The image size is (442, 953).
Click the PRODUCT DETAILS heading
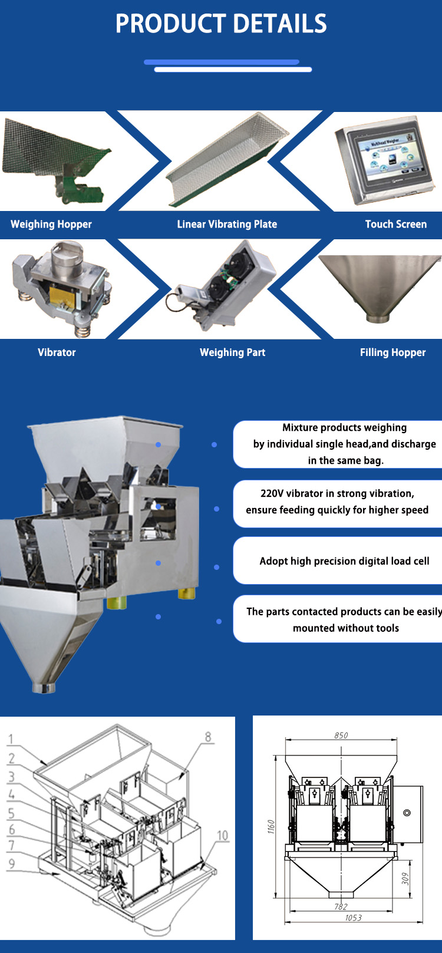tap(221, 24)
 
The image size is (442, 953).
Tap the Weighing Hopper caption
tap(51, 224)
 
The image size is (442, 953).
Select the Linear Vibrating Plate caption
tap(227, 224)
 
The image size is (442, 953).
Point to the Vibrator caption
tap(57, 352)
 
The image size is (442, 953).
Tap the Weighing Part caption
tap(232, 352)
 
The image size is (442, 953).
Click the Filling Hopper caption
tap(392, 352)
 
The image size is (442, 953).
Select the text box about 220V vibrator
tap(338, 504)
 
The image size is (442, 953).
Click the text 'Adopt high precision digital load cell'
tap(344, 561)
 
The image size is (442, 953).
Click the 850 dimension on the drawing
tap(341, 735)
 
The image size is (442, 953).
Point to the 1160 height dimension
tap(272, 826)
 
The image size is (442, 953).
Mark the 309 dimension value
tap(405, 879)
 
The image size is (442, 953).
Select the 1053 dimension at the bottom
tap(354, 918)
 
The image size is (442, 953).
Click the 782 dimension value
tap(341, 906)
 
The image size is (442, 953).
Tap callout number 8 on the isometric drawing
tap(208, 737)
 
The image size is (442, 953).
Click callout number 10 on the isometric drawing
tap(223, 836)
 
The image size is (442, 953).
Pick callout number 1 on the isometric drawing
tap(11, 740)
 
